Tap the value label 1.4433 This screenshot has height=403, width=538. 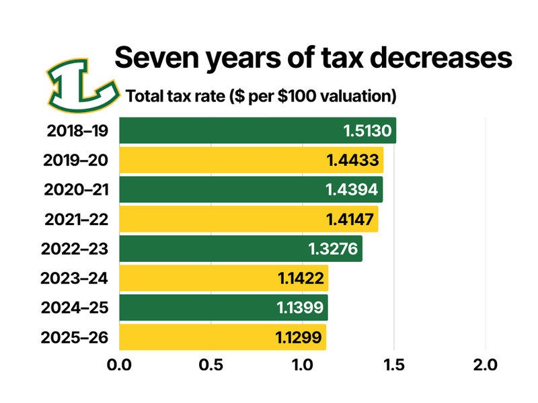point(354,160)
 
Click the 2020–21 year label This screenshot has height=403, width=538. point(77,189)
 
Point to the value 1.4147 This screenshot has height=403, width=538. point(349,219)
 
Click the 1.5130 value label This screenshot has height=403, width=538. point(367,130)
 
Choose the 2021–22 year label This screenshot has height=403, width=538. point(77,219)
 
